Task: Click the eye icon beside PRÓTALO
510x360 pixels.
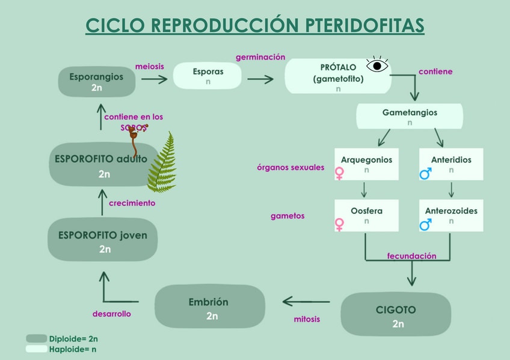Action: click(x=377, y=65)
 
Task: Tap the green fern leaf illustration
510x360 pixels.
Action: click(x=162, y=162)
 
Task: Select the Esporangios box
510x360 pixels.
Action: click(x=97, y=82)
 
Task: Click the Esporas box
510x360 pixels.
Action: click(x=207, y=76)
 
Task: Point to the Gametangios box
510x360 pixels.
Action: click(x=410, y=116)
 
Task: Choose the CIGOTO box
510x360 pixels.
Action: click(x=396, y=314)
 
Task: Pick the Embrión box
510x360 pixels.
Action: click(x=210, y=306)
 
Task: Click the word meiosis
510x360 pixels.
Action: click(x=150, y=66)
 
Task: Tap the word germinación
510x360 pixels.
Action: click(x=260, y=57)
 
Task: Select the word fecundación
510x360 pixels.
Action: click(x=411, y=256)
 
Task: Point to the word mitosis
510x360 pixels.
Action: click(x=307, y=319)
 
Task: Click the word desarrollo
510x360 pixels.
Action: click(x=112, y=314)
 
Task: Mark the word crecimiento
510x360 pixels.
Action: click(x=132, y=203)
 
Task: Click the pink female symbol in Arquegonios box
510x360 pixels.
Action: click(x=340, y=173)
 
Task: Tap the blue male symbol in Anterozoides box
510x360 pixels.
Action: click(x=425, y=225)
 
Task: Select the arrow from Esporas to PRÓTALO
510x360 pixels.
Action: click(x=260, y=79)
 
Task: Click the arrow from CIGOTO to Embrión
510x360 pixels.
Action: click(x=306, y=302)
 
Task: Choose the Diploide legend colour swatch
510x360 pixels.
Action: click(x=37, y=338)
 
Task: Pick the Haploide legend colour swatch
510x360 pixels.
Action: click(x=37, y=349)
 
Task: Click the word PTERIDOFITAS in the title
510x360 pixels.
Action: click(x=364, y=25)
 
